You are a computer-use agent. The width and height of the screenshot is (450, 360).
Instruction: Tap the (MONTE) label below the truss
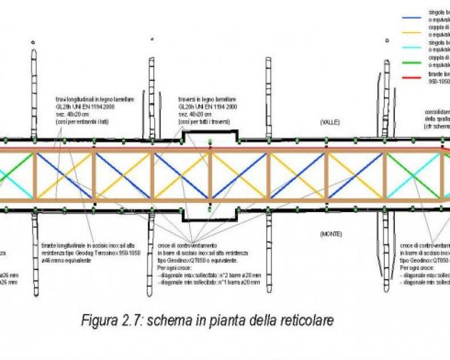coord(331,233)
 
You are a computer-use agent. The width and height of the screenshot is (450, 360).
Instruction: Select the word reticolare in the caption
coord(307,321)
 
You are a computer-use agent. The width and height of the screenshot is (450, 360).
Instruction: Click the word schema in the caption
coord(181,321)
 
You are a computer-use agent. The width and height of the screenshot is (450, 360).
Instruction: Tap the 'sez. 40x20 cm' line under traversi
coord(194,114)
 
